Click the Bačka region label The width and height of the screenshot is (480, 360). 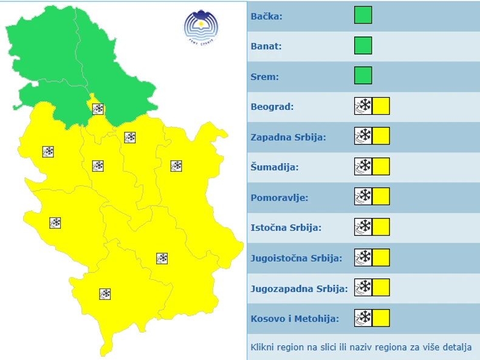click(x=266, y=16)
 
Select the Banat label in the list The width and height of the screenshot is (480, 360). click(x=266, y=46)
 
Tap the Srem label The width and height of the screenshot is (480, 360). click(x=264, y=76)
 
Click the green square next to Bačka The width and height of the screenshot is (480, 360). click(x=363, y=15)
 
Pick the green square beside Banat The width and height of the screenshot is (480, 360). click(x=363, y=46)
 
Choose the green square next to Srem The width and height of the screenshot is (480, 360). click(x=363, y=76)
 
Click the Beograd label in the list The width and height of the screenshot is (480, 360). click(x=272, y=107)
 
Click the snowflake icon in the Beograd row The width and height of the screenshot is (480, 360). click(x=363, y=106)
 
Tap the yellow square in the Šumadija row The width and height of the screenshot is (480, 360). click(x=381, y=166)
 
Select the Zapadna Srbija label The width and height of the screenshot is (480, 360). click(x=288, y=137)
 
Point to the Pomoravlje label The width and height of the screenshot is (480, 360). click(x=279, y=198)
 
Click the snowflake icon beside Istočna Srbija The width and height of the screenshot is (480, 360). click(x=363, y=227)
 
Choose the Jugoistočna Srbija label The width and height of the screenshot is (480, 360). click(x=296, y=259)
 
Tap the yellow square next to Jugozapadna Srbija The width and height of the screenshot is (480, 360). click(x=381, y=288)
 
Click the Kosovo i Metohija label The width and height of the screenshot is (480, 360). click(x=294, y=319)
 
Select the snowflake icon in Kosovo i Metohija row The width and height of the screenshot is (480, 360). click(x=363, y=318)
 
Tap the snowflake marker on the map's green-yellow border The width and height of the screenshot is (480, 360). click(x=98, y=109)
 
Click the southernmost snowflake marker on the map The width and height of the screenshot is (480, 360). click(x=105, y=294)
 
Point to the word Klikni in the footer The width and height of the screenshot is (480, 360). click(x=262, y=348)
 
